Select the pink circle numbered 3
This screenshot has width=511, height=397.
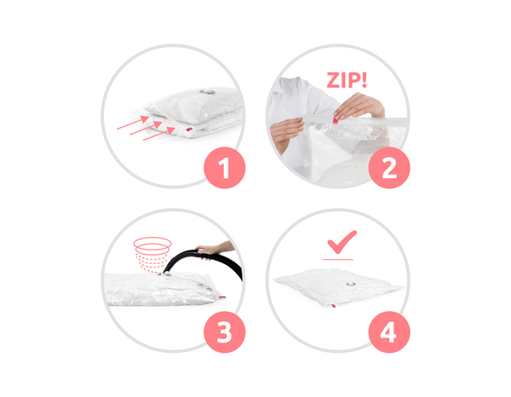pos(224,331)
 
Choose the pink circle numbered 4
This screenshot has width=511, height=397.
pos(389,331)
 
